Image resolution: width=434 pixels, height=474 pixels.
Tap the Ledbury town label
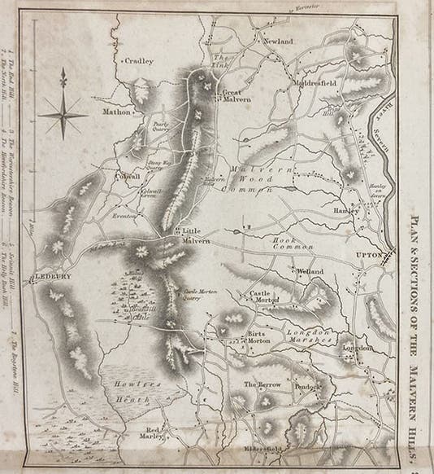point(54,277)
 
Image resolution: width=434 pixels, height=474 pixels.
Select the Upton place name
point(370,256)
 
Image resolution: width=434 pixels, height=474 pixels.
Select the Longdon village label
point(358,347)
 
